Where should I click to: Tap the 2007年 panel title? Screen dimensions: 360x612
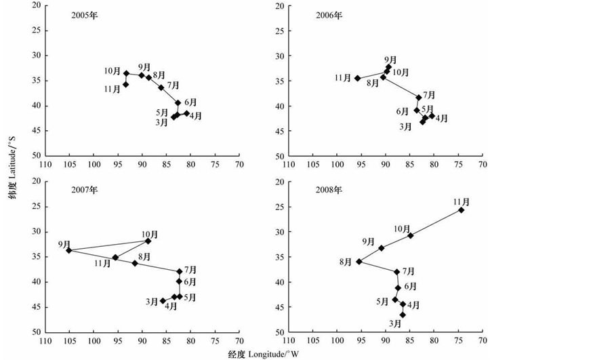85,190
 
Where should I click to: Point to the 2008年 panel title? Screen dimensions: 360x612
328,190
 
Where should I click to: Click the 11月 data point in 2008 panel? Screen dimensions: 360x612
462,210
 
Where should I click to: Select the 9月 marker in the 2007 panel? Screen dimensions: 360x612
69,250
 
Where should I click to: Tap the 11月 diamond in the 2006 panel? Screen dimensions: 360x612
357,78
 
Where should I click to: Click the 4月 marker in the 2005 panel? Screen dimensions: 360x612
186,113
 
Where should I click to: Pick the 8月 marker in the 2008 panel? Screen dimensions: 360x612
359,261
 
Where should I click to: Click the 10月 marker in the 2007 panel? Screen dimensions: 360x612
148,241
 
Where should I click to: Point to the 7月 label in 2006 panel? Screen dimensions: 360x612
428,95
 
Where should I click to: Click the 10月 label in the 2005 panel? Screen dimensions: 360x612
113,71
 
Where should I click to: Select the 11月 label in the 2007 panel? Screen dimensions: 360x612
102,263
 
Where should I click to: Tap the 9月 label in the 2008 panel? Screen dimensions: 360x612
368,241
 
